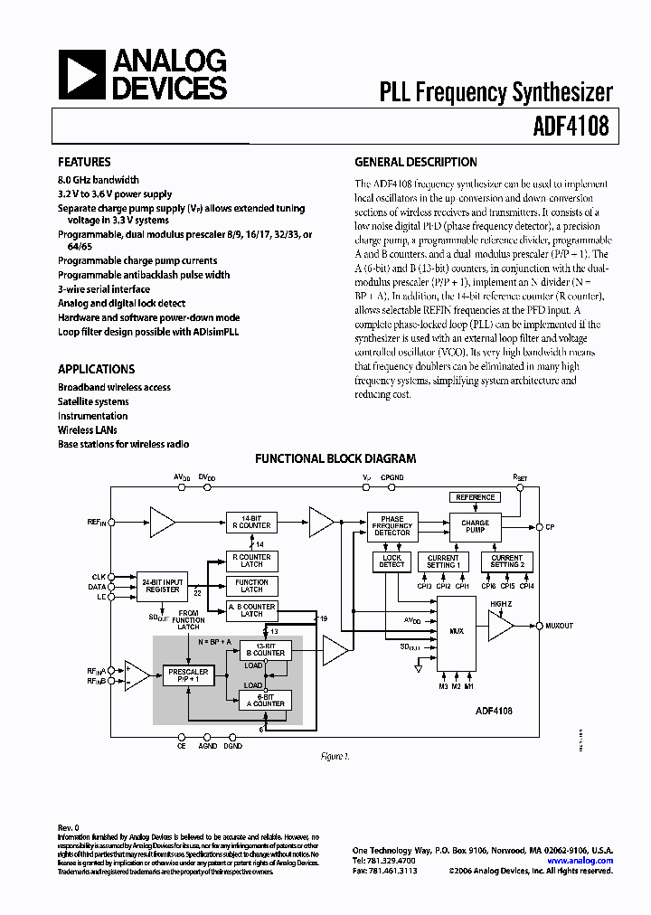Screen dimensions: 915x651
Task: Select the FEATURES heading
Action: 84,163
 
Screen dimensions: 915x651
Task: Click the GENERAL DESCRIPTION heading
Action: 415,163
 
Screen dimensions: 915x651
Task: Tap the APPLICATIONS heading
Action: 96,369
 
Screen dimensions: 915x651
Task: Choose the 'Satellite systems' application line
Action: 93,401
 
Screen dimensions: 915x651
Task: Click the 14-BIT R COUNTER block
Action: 251,522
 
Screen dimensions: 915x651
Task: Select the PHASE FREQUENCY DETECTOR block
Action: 392,526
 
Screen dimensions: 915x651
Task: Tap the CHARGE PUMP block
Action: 474,526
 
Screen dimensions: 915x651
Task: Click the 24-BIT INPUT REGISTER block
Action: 162,584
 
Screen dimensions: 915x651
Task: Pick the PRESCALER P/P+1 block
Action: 188,675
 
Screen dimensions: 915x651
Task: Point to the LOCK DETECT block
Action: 392,561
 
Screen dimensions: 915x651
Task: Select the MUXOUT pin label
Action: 559,626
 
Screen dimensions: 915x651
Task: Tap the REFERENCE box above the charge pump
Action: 475,497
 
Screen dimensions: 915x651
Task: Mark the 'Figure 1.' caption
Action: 335,756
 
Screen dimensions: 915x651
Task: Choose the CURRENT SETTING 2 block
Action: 506,561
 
